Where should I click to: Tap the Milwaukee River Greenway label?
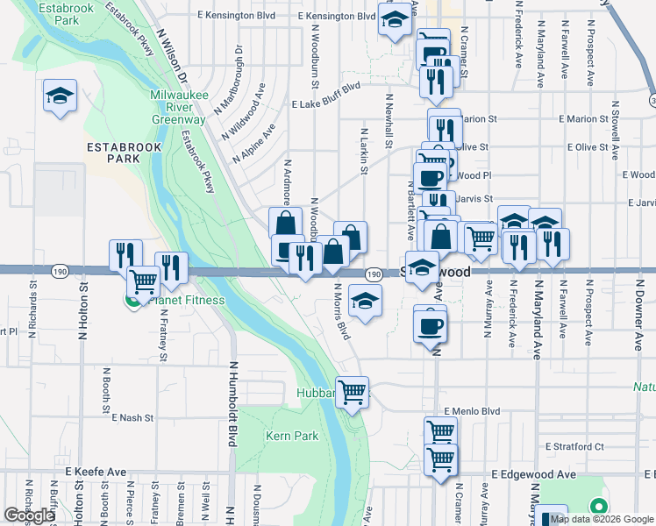click(178, 106)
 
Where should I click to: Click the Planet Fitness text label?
click(186, 301)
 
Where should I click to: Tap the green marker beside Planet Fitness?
click(132, 301)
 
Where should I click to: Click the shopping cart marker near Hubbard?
click(353, 393)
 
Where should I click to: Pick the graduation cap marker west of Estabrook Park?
click(61, 96)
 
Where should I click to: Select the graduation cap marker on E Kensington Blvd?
click(396, 18)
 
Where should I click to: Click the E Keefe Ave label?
click(96, 472)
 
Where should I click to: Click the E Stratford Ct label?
click(574, 446)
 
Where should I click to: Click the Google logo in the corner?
click(29, 515)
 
